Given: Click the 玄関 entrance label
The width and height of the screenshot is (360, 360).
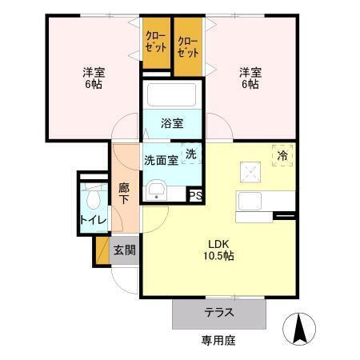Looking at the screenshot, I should tap(124, 250).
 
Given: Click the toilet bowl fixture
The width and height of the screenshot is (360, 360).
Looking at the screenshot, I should tap(94, 197).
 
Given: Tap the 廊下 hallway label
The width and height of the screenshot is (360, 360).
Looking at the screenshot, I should tap(124, 194).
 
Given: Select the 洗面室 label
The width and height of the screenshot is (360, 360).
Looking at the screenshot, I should tap(161, 160).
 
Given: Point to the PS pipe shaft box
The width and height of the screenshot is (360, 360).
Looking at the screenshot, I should tap(194, 194).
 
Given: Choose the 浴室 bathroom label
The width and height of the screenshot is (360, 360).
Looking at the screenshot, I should tap(171, 123).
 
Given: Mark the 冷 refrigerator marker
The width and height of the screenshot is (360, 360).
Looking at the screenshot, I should tap(282, 155).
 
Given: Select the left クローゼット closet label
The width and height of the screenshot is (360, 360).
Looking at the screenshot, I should tap(156, 42).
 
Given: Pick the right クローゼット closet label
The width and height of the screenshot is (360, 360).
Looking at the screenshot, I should tap(188, 47).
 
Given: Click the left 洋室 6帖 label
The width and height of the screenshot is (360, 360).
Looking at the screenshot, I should tap(94, 78).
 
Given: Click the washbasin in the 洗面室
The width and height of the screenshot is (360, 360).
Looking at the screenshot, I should tap(156, 190).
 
